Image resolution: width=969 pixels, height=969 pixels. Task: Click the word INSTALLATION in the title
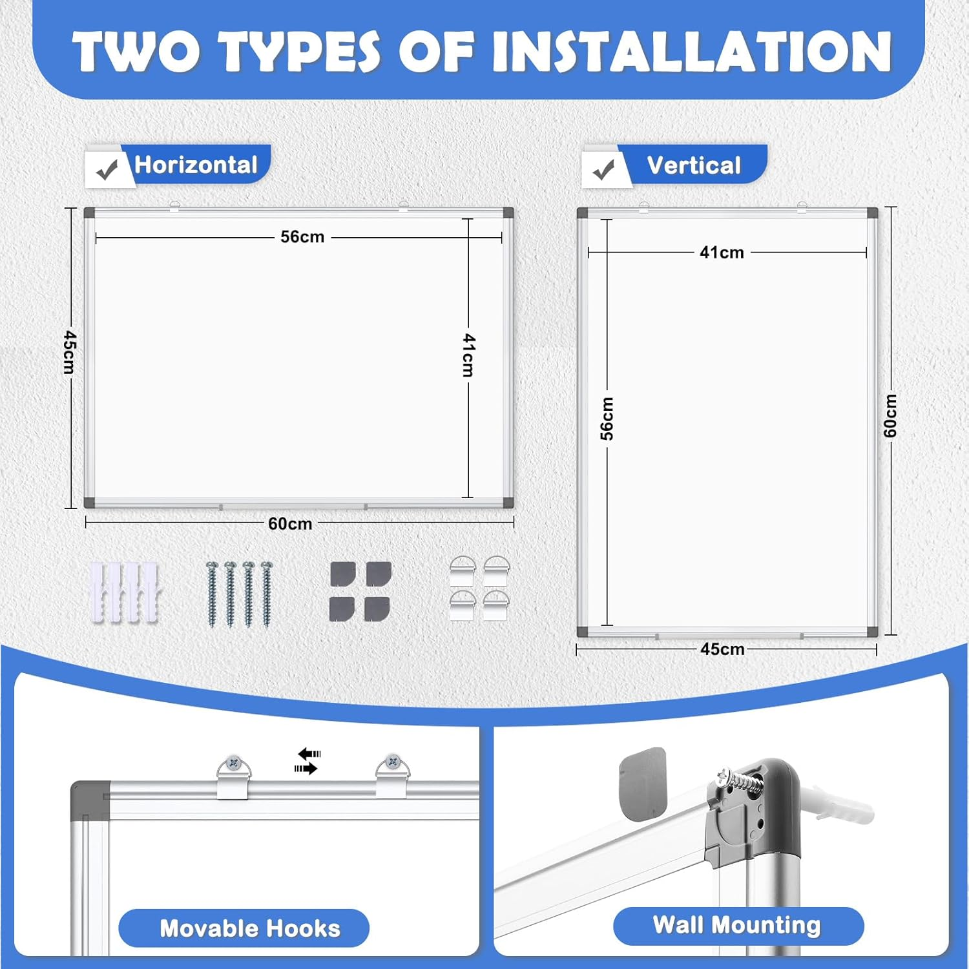(692, 52)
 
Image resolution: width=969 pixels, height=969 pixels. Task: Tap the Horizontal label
(196, 165)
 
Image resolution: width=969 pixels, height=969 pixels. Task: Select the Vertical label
(693, 166)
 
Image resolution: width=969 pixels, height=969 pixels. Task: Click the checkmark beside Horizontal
(107, 170)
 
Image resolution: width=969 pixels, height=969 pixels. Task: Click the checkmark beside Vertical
(603, 170)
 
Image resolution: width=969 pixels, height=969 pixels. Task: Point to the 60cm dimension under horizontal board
(290, 523)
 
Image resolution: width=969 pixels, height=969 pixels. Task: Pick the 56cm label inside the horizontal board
(302, 237)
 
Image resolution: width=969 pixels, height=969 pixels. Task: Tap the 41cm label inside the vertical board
(722, 253)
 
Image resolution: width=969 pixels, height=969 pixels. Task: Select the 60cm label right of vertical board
(890, 415)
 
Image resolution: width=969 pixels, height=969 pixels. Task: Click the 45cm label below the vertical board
(722, 649)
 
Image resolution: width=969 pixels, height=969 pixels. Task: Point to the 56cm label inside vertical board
(607, 419)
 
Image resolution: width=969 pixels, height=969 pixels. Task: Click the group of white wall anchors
(123, 593)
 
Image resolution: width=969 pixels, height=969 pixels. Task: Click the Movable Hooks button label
(249, 928)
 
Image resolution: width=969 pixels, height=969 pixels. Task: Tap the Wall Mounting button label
(736, 925)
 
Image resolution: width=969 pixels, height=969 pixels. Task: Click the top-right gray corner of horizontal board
(508, 213)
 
